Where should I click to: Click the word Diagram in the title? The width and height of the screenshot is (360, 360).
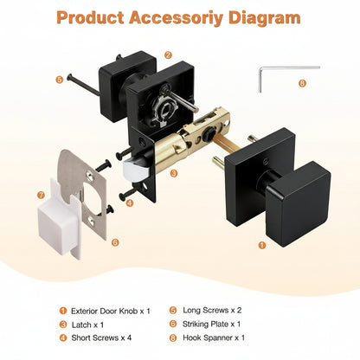coord(264,18)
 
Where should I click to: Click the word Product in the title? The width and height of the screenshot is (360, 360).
coord(90,17)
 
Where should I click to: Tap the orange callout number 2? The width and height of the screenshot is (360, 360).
coord(168,55)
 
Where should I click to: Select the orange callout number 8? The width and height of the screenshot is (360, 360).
coord(302,83)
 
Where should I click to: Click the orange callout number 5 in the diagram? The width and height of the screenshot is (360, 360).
coord(59,80)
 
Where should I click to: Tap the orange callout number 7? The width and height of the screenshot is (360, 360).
coord(41,195)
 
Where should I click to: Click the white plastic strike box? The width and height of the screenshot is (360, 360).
coord(59,222)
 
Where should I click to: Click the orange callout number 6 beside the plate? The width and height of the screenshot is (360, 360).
coord(115,242)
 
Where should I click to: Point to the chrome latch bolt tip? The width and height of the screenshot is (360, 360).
coord(135,170)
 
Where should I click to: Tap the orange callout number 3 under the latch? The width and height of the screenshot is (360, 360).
coord(174,173)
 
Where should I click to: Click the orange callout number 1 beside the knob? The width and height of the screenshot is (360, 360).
coord(262,245)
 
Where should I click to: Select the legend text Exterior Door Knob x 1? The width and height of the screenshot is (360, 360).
coord(111,311)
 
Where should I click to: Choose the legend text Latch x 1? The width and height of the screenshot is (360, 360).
coord(87,325)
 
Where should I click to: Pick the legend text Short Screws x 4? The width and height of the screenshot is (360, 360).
coord(101,337)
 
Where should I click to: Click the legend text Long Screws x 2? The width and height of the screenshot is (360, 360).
coord(212,311)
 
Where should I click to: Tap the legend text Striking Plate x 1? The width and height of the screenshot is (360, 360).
coord(211,324)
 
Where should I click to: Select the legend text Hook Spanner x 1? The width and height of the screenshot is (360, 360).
coord(214,337)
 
